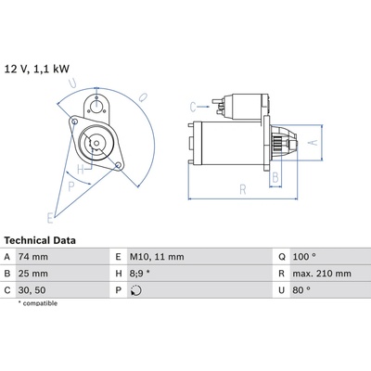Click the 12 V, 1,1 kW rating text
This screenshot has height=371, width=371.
[x=37, y=69]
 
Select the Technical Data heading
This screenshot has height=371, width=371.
[x=40, y=240]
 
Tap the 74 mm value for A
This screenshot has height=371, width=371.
[x=33, y=257]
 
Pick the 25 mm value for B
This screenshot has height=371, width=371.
[x=33, y=274]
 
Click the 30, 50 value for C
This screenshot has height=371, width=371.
[x=32, y=290]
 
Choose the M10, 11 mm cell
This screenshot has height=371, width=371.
[x=157, y=257]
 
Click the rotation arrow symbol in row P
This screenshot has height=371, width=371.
[x=136, y=290]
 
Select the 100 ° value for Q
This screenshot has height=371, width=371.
[x=304, y=257]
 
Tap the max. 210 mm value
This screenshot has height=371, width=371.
[x=322, y=274]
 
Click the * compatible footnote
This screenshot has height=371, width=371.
[x=38, y=303]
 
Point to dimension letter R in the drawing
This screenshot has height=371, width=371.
[x=243, y=189]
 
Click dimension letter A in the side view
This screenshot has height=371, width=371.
[x=313, y=143]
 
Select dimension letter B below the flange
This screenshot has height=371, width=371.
[x=275, y=178]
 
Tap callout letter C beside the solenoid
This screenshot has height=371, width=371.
[x=193, y=108]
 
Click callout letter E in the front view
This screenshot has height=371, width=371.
[x=50, y=218]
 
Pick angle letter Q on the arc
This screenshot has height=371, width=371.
[x=143, y=97]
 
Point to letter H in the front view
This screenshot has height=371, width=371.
[x=81, y=169]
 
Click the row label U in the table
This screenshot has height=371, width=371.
[x=281, y=290]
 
